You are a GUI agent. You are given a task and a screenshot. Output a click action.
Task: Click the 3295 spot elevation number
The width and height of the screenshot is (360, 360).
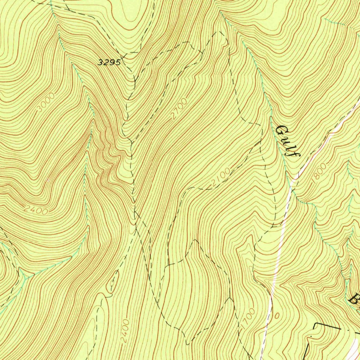[x=109, y=63]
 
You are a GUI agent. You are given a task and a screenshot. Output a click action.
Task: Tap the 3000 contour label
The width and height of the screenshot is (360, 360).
[x=46, y=103]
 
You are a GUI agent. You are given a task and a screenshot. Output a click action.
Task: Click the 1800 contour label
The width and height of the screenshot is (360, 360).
[x=319, y=172]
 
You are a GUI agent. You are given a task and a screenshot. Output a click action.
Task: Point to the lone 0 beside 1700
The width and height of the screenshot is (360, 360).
[x=276, y=316]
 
